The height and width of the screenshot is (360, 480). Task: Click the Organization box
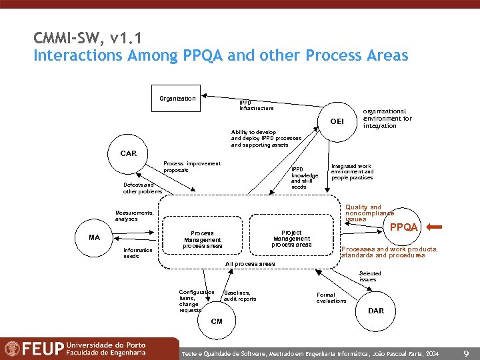click(177, 99)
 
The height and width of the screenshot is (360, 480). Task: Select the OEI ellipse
click(337, 121)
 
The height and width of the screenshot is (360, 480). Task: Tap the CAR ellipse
click(129, 154)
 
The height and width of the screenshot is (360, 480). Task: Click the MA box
click(94, 237)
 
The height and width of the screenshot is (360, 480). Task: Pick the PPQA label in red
click(404, 227)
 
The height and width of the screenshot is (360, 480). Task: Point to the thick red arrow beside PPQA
click(433, 227)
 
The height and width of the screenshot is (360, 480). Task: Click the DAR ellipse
click(376, 311)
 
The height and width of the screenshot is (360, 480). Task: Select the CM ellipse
click(217, 321)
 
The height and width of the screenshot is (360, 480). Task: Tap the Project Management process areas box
click(291, 238)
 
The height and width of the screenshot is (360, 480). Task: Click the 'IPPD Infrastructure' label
click(256, 105)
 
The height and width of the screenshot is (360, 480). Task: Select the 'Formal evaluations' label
click(331, 297)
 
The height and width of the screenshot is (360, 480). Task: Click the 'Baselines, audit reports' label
click(239, 296)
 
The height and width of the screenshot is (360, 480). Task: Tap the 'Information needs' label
click(138, 253)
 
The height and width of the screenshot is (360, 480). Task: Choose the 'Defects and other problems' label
click(142, 188)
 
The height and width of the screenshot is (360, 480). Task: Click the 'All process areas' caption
click(250, 264)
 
